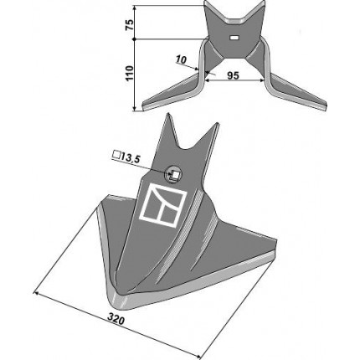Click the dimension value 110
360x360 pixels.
pos(130,74)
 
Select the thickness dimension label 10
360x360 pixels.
pos(181,59)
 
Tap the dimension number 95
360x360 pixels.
pos(233,75)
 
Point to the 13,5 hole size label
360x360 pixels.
pos(130,158)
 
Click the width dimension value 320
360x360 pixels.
pos(116,319)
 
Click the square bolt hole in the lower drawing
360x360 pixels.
pos(176,175)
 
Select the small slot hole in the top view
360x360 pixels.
pos(234,37)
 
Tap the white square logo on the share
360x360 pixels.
pos(162,205)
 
